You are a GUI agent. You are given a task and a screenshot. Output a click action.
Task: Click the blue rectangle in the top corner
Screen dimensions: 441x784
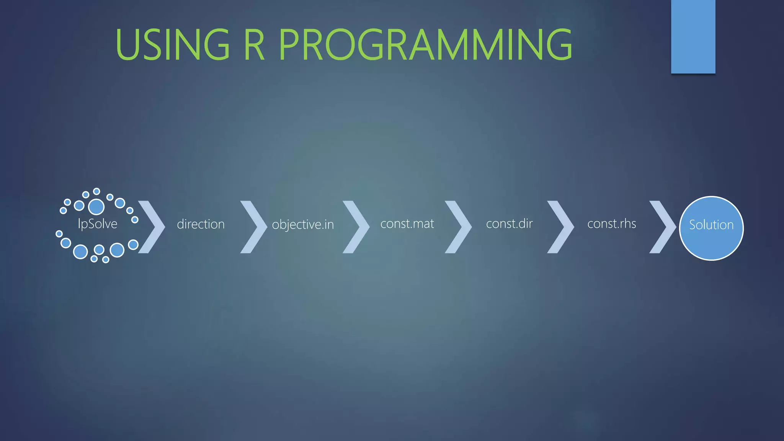coord(693,36)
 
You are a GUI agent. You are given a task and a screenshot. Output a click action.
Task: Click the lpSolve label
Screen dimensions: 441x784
coord(98,224)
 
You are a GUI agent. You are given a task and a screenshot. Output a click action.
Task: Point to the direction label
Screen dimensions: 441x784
coord(201,224)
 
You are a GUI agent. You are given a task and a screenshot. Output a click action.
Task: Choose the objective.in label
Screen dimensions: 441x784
coord(303,225)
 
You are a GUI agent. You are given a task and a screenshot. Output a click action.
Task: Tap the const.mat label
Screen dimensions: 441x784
coord(407,224)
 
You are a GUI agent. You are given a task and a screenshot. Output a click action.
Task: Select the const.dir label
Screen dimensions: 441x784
coord(509,224)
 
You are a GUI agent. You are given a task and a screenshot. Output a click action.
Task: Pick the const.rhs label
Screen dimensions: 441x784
coord(611,224)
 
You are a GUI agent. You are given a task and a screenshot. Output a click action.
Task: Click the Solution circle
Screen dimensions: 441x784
coord(711,228)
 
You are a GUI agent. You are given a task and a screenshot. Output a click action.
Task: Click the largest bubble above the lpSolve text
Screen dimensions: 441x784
coord(96,207)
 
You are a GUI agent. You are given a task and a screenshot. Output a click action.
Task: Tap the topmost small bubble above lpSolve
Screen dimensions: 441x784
coord(96,191)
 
